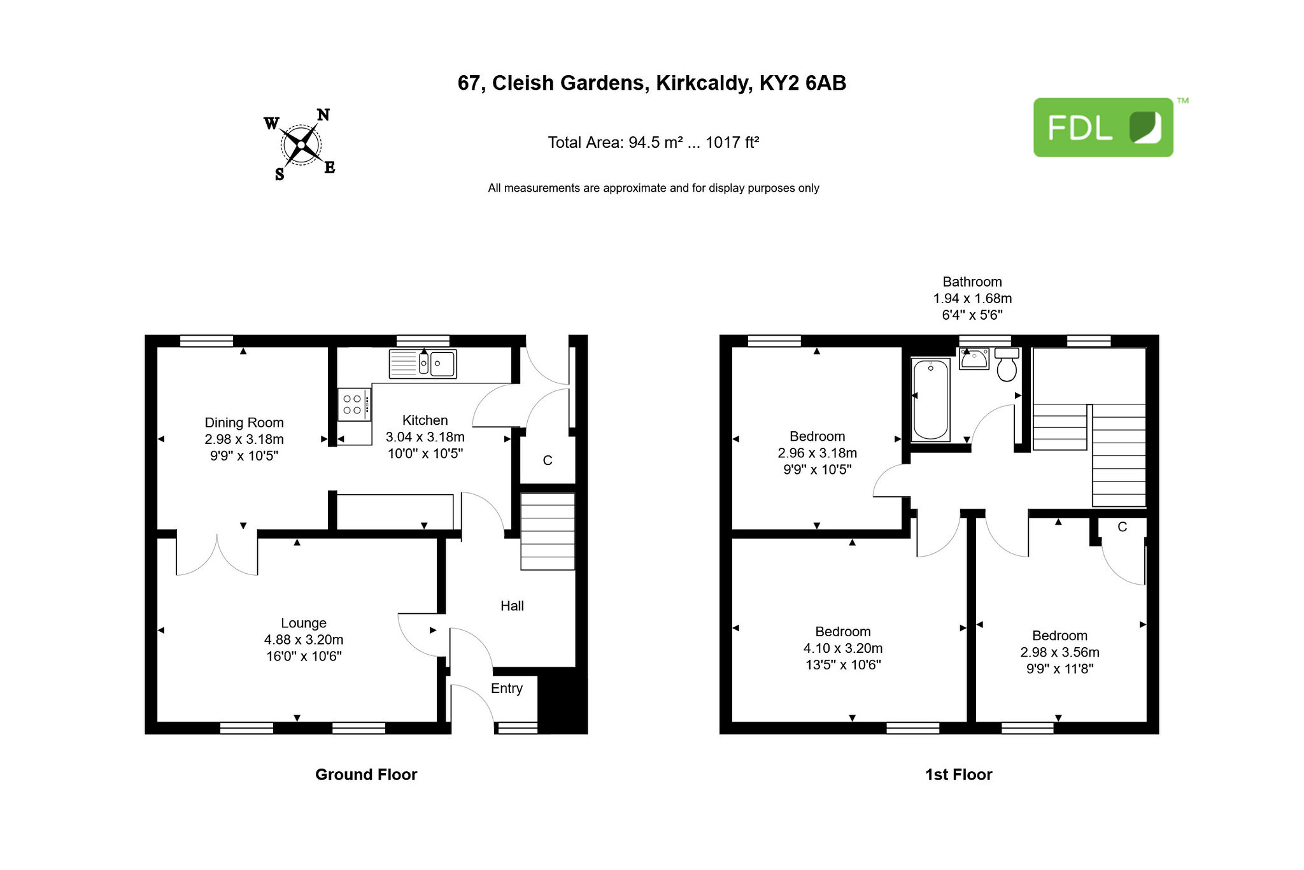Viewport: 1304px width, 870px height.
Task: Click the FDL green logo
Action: [1103, 127]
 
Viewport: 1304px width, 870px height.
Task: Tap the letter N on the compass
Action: [323, 115]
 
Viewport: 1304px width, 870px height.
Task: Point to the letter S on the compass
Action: [280, 175]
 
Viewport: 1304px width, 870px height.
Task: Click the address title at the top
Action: [652, 83]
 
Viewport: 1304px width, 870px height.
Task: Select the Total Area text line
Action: [653, 142]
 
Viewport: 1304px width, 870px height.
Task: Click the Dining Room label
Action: [244, 423]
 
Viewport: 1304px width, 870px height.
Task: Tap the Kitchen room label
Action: [425, 420]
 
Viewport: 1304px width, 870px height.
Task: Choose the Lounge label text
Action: [304, 623]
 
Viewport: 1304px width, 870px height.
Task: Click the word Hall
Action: [512, 606]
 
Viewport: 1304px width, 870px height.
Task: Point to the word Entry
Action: [507, 688]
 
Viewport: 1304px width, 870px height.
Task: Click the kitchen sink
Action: [423, 364]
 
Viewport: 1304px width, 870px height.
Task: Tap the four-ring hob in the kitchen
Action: [354, 404]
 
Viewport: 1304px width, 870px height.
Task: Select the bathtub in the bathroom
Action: [931, 399]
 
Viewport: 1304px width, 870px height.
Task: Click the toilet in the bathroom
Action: [1007, 364]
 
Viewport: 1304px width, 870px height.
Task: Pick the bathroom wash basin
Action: [974, 359]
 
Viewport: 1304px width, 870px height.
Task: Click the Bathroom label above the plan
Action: [972, 282]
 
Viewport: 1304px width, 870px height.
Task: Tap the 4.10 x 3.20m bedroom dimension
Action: [843, 648]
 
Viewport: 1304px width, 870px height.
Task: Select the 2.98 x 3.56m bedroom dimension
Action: [1060, 652]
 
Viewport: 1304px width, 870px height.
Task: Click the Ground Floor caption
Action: [366, 774]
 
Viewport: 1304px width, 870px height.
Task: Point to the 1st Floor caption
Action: [959, 774]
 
